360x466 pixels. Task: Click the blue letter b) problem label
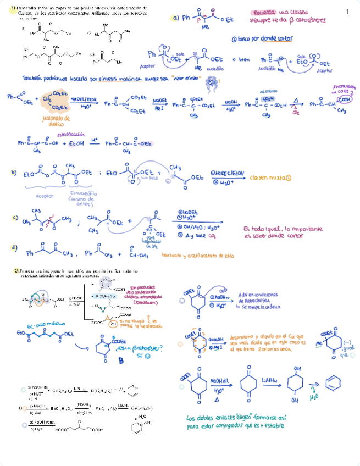click(14, 173)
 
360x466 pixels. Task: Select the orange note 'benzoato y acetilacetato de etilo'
click(198, 255)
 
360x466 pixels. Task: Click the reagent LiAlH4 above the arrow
click(253, 379)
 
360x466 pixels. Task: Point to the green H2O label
click(313, 396)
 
